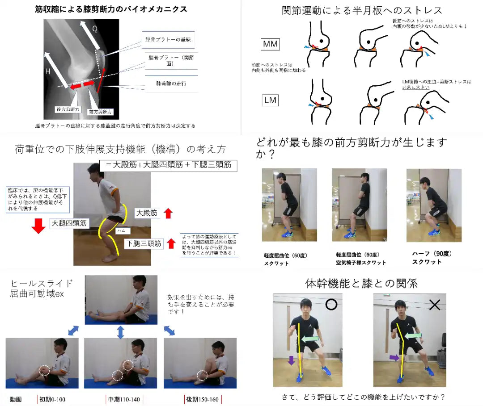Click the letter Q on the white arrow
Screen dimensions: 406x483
click(x=95, y=28)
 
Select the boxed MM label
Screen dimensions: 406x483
click(x=270, y=44)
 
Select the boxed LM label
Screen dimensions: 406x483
click(x=270, y=100)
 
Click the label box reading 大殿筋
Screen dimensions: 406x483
click(x=148, y=213)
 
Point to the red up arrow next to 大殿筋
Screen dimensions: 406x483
click(x=168, y=213)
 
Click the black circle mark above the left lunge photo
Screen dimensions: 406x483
click(x=331, y=305)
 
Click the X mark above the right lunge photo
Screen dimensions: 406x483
click(x=435, y=305)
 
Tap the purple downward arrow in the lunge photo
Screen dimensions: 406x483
click(x=291, y=360)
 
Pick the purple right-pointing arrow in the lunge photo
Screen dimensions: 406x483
click(x=394, y=358)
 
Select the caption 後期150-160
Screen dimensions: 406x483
click(x=203, y=399)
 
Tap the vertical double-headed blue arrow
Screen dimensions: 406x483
click(x=120, y=332)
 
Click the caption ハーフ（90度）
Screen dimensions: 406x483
click(x=425, y=254)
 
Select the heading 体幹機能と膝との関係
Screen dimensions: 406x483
click(x=361, y=283)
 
